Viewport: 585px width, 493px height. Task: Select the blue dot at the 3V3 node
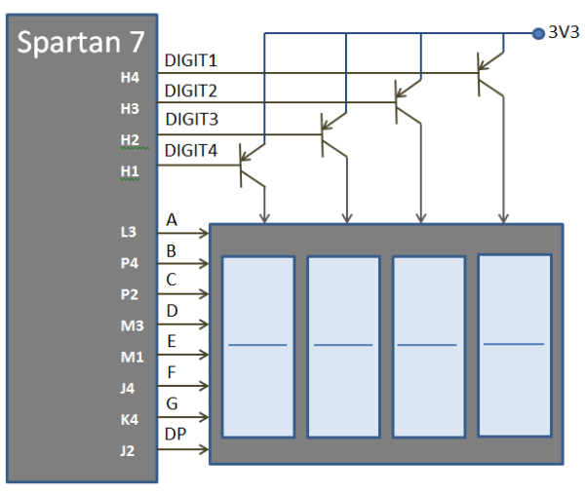tap(537, 33)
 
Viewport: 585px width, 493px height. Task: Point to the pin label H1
tap(130, 171)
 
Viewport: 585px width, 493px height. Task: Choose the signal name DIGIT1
tap(191, 61)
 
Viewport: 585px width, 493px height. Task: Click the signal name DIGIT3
tap(191, 120)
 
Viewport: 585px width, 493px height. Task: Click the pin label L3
tap(130, 233)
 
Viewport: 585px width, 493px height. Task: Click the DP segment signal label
tap(176, 434)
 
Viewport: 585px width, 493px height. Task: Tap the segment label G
tap(172, 403)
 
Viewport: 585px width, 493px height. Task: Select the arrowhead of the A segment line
tap(204, 233)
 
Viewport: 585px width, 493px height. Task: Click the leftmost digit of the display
tap(258, 346)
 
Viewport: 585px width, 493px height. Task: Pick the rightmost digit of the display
tap(514, 345)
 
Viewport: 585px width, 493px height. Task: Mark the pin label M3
tap(130, 325)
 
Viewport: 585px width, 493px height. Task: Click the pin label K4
tap(130, 420)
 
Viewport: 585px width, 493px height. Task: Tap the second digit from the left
tap(343, 346)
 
